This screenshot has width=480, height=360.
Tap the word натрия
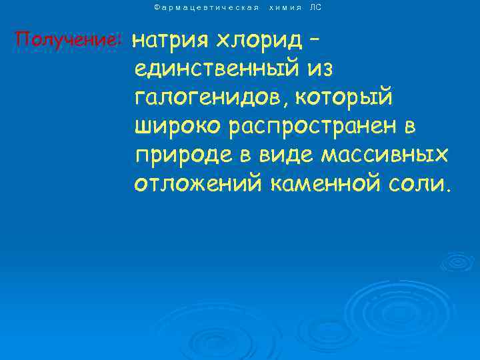coord(170,41)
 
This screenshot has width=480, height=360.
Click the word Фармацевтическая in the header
coord(206,7)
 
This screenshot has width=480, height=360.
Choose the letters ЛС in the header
coord(316,7)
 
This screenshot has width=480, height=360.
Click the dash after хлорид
coord(315,40)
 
